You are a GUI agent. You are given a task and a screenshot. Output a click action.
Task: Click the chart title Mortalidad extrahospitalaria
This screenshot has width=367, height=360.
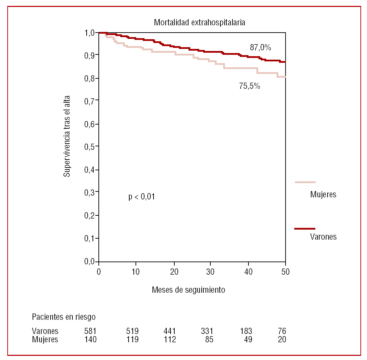click(x=200, y=23)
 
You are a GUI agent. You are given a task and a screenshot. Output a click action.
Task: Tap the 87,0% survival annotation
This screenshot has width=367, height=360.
click(x=260, y=48)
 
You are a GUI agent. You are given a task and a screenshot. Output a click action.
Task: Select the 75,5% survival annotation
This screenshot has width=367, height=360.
click(x=250, y=86)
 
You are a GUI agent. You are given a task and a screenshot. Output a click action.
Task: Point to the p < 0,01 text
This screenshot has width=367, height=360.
click(x=141, y=197)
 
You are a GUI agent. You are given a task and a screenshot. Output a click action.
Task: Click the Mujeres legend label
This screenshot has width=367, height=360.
click(x=323, y=195)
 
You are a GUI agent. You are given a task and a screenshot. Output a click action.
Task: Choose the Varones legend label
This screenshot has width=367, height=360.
click(x=323, y=237)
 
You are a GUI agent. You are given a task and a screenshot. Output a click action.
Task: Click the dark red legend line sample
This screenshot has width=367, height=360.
click(x=305, y=229)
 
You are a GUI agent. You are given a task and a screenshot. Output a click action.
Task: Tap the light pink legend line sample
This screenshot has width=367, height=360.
click(x=305, y=182)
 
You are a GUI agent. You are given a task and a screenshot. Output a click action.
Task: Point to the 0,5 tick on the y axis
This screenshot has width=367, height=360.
click(x=89, y=147)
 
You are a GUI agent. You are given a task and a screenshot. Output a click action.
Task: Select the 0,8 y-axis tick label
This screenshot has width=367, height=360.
click(x=89, y=78)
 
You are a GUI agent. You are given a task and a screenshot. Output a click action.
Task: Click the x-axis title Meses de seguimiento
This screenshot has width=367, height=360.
click(x=189, y=290)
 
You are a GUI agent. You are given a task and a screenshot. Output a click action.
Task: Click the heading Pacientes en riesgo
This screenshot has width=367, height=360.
click(x=64, y=317)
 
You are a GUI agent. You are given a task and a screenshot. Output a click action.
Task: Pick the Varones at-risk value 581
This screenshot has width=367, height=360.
click(x=90, y=331)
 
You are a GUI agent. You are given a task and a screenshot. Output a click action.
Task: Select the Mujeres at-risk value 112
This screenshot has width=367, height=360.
click(x=169, y=340)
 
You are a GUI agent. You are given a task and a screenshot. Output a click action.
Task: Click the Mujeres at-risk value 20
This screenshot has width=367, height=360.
click(x=282, y=340)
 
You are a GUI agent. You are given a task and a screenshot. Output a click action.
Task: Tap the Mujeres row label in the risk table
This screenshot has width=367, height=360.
click(x=45, y=340)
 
